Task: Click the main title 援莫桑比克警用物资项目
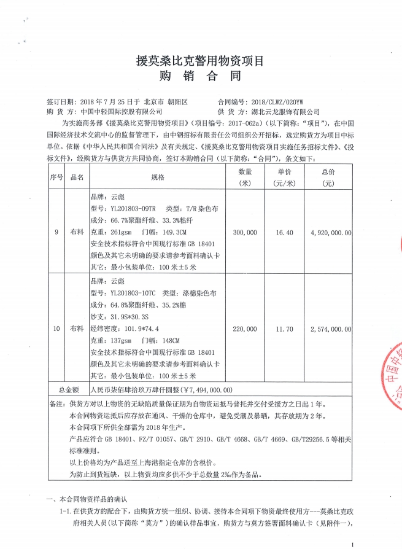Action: point(200,61)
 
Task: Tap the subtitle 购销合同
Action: point(200,77)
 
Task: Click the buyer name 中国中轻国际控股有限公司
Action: point(122,112)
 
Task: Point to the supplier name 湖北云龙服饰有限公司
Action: point(286,112)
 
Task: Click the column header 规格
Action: point(157,177)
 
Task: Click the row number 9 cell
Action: point(56,233)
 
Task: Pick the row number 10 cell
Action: point(56,329)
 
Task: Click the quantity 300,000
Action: point(245,233)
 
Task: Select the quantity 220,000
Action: point(245,329)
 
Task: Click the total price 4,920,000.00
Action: point(331,233)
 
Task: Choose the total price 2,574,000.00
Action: point(331,329)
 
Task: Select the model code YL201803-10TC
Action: point(129,293)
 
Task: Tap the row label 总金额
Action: point(68,389)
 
